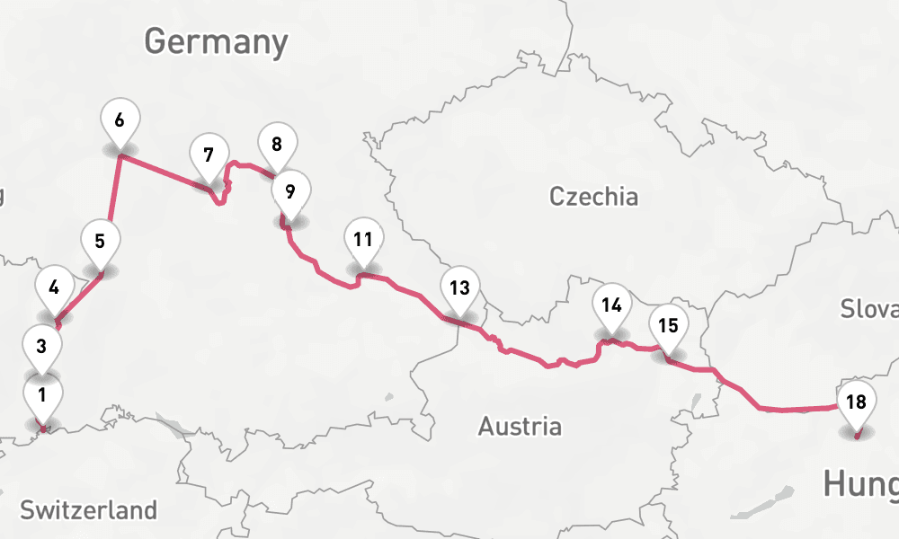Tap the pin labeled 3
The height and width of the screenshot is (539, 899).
click(42, 345)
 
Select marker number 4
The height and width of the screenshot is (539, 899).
click(55, 288)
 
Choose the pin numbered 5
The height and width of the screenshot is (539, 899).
click(100, 242)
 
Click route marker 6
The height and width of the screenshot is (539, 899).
click(120, 119)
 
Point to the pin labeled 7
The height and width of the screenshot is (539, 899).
click(209, 155)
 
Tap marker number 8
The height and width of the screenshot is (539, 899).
click(277, 144)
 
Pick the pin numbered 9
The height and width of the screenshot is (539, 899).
click(289, 191)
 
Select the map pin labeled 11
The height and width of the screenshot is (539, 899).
click(363, 240)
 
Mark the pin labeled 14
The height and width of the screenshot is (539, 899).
click(612, 305)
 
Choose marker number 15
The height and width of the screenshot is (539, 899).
click(668, 326)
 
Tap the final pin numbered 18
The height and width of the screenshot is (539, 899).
click(857, 402)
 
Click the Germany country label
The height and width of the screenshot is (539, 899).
click(216, 41)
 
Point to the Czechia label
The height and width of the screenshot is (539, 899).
click(593, 197)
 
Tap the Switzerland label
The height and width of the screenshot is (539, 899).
click(88, 510)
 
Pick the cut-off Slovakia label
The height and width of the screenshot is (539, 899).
click(869, 309)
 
